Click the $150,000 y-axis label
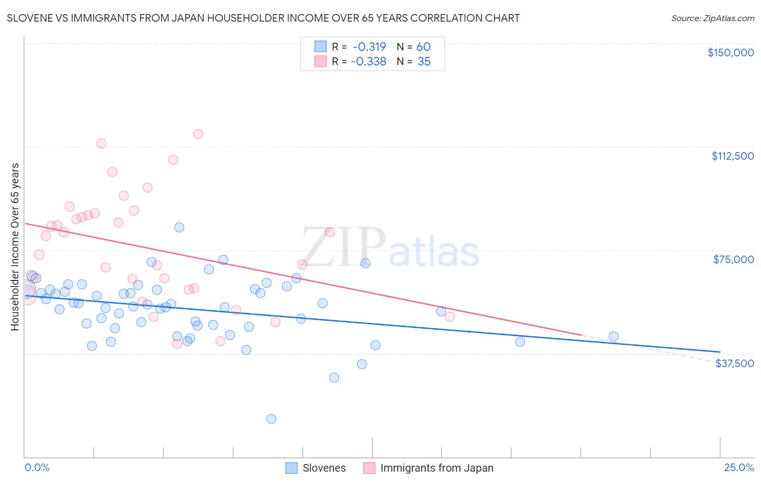click(730, 53)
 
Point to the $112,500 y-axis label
click(732, 156)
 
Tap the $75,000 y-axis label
click(733, 259)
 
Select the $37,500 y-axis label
click(734, 363)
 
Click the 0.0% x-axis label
click(37, 467)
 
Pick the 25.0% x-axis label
click(739, 467)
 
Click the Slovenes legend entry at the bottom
click(324, 468)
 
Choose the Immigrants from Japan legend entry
click(436, 468)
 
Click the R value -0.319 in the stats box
click(369, 47)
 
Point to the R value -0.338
click(368, 61)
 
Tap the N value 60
click(423, 47)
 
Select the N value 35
click(424, 61)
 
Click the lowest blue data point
click(271, 419)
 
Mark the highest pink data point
click(198, 134)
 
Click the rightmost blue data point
click(613, 336)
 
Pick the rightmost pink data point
click(450, 317)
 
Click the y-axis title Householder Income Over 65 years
click(15, 246)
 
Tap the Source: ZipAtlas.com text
click(712, 18)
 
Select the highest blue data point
click(179, 227)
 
